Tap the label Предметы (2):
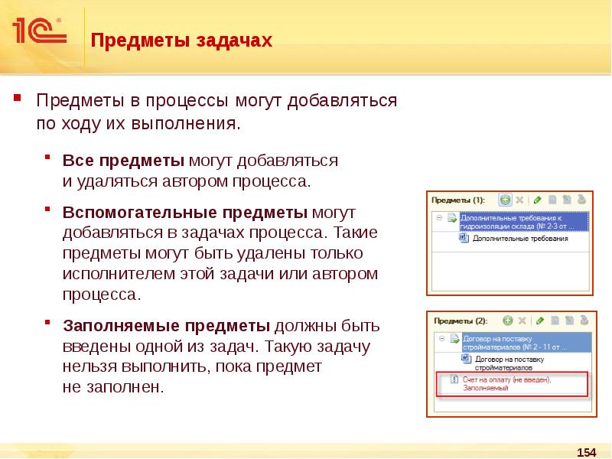pos(460,321)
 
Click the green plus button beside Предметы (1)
pos(505,200)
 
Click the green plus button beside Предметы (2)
pos(506,321)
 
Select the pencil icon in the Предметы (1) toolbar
pos(538,200)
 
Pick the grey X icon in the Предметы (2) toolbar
pos(522,321)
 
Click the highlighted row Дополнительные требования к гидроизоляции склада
pos(520,221)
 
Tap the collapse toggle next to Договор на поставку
pos(440,337)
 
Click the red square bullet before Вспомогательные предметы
pos(47,207)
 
